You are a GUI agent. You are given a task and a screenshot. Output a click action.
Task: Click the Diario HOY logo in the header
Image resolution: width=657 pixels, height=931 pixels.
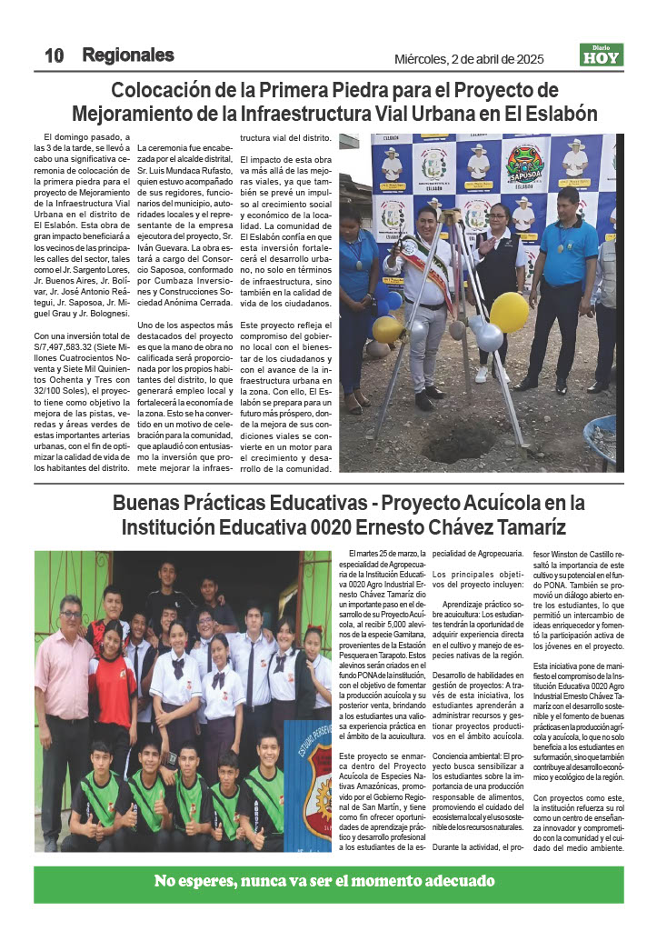(602, 55)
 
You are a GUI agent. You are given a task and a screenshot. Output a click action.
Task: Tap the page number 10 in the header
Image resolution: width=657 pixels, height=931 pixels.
(54, 55)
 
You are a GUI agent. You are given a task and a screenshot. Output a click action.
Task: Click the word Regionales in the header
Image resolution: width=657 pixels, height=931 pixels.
(127, 55)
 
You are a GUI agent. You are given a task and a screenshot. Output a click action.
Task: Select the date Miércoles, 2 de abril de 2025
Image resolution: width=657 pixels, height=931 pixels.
(469, 59)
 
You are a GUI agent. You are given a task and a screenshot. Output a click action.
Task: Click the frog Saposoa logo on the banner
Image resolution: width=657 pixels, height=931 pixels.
(525, 165)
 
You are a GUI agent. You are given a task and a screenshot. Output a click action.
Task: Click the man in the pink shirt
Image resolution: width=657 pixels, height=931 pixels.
(65, 691)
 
